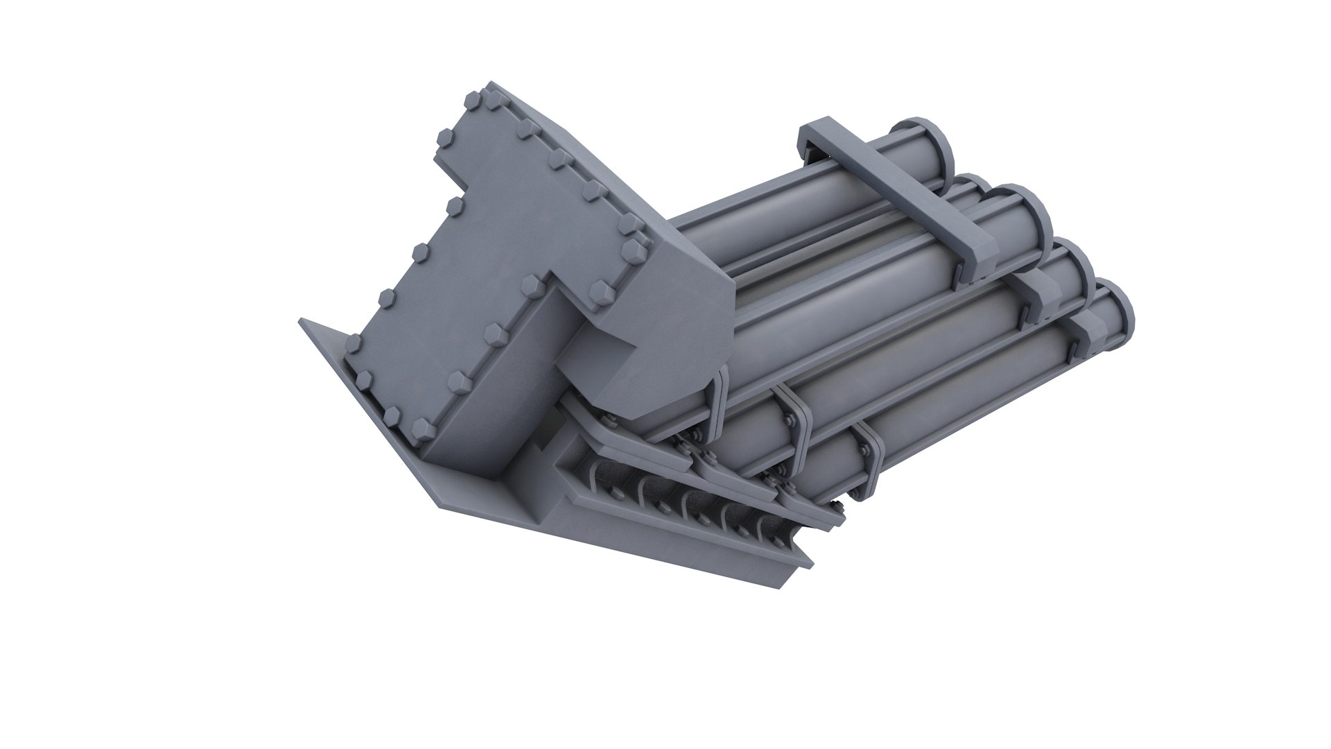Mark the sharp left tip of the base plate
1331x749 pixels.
click(302, 321)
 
